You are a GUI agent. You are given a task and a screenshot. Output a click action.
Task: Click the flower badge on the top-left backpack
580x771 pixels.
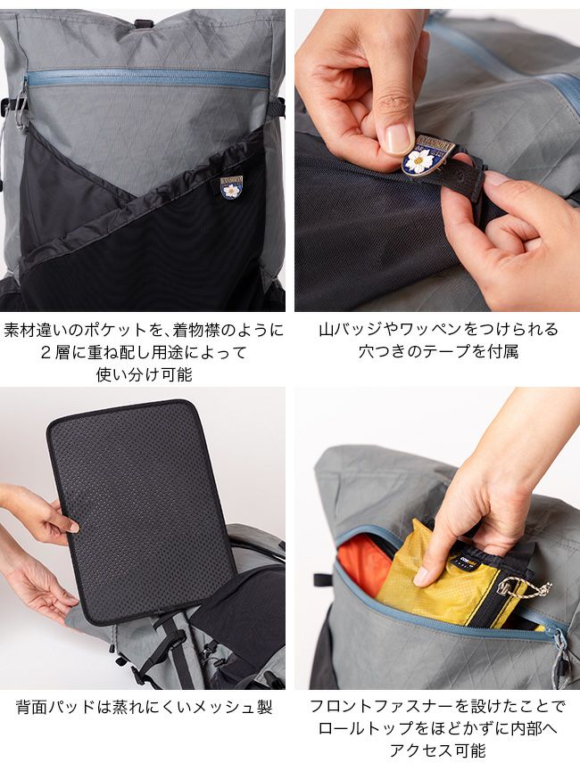(x=231, y=187)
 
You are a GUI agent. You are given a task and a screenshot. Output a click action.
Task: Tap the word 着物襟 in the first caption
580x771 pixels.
(x=195, y=330)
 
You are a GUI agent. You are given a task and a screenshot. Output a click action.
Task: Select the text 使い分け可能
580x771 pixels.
(x=144, y=374)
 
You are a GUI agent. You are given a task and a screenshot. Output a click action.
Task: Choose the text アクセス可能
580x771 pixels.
(x=438, y=750)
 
